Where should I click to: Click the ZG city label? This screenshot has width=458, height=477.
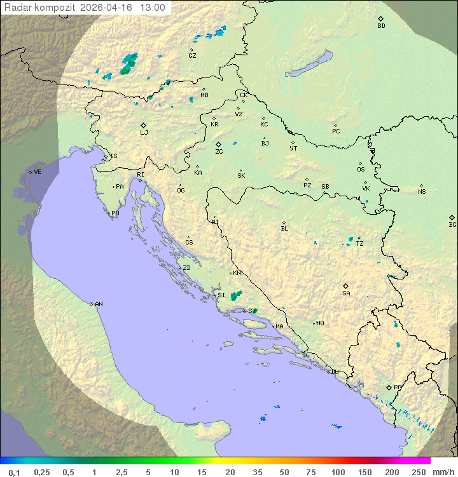[x=219, y=152]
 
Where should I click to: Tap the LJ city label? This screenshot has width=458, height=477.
[x=144, y=133]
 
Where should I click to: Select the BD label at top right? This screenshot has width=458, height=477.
[x=381, y=26]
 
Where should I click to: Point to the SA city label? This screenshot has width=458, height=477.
[x=346, y=293]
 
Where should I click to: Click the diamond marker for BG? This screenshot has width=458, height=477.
[x=452, y=217]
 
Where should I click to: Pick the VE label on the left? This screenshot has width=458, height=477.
[x=38, y=172]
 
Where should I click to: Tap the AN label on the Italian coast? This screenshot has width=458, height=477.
[x=99, y=304]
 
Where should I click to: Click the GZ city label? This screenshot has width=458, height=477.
[x=192, y=56]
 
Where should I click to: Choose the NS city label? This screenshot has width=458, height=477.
[x=422, y=192]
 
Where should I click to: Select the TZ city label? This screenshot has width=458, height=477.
[x=360, y=244]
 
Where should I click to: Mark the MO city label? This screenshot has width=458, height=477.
[x=320, y=323]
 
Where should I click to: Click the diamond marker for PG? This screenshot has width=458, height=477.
[x=389, y=387]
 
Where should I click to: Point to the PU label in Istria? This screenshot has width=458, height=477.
[x=115, y=213]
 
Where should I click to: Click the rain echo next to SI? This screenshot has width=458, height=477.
[x=236, y=295]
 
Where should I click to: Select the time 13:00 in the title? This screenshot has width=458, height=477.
[x=152, y=8]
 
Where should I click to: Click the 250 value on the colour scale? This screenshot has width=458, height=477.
[x=419, y=472]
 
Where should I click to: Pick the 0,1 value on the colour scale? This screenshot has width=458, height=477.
[x=13, y=472]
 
